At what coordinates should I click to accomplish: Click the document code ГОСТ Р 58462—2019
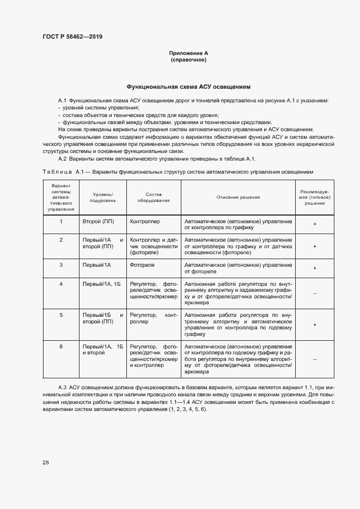(72, 37)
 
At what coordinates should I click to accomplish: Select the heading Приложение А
(188, 53)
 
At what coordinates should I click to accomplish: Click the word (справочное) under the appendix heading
(188, 59)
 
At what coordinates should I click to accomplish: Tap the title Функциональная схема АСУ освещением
(188, 87)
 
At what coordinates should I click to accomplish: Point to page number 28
(46, 462)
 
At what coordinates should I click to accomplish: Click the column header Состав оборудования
(154, 197)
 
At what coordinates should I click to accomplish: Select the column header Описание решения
(238, 197)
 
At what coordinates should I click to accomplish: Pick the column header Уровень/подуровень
(103, 197)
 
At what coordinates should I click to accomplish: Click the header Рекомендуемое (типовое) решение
(314, 197)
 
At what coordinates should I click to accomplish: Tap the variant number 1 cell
(61, 222)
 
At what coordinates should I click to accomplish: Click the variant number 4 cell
(61, 284)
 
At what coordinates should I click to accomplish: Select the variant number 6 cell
(61, 346)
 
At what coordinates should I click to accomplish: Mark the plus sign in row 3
(314, 268)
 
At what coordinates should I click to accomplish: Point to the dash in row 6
(314, 359)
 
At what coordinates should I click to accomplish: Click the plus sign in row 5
(314, 324)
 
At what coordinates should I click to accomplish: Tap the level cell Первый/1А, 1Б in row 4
(103, 284)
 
